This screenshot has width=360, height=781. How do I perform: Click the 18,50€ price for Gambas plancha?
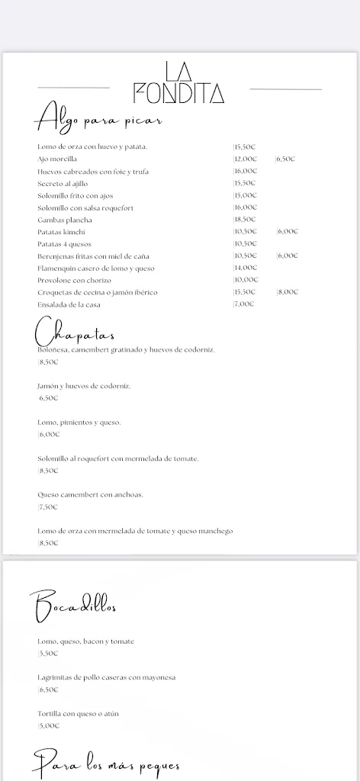coord(246,220)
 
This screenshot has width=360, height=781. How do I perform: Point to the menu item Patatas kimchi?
coord(62,232)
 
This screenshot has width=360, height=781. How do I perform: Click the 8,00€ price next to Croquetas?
coord(287,292)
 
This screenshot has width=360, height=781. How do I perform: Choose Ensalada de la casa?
coord(69,304)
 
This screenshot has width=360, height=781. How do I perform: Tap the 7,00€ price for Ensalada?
coord(244,304)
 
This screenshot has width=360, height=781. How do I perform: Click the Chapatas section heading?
coord(75,333)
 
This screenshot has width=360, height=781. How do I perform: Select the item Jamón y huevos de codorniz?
coord(84,386)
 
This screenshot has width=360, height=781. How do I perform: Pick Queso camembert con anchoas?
coord(90,495)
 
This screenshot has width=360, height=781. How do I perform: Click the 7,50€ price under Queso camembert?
coord(48,507)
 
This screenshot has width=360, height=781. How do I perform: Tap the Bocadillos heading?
coord(75,606)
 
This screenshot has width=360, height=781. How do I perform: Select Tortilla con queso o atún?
coord(78,714)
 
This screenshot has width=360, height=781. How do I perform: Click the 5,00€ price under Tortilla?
coord(48,726)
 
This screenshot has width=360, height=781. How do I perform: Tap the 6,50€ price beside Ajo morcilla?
coord(285,159)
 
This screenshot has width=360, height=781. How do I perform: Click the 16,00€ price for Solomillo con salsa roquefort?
coord(246,207)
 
